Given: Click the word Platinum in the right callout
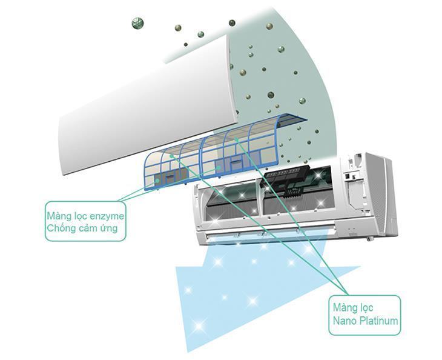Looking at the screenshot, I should (x=378, y=321).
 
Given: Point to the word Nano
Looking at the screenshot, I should (x=343, y=321).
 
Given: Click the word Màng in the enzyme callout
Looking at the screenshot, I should (x=59, y=215).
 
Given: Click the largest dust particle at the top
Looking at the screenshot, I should (x=136, y=23).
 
